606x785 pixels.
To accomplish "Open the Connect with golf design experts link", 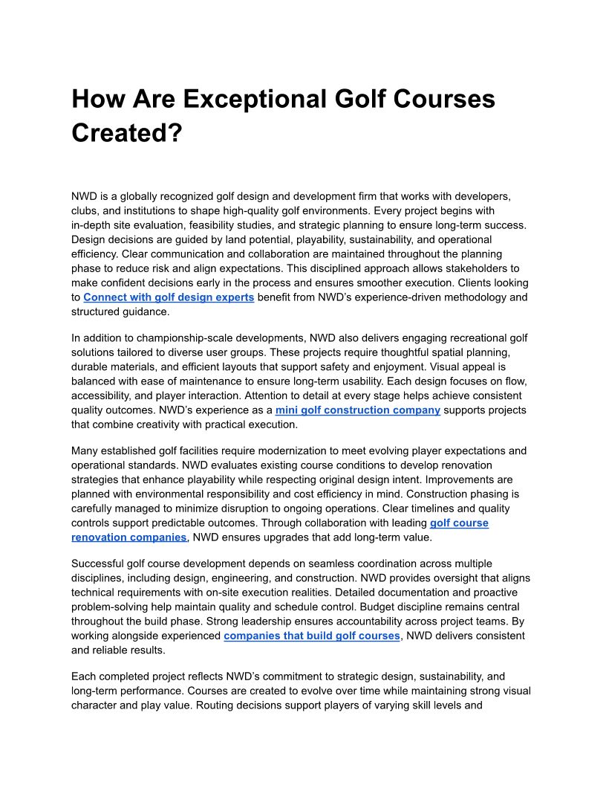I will coord(169,297).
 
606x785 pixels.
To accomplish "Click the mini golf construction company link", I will coord(357,410).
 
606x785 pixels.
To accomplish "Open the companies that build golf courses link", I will coord(312,636).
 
